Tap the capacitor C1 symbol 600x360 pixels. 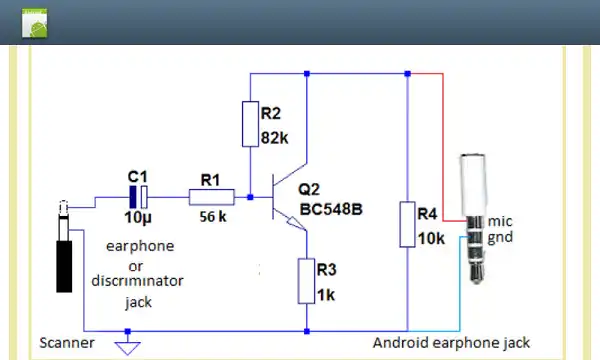138,198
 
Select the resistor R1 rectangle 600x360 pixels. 211,198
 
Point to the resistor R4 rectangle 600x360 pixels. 408,224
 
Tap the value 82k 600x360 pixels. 274,138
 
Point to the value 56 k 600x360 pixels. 210,217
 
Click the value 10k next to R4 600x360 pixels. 430,239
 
